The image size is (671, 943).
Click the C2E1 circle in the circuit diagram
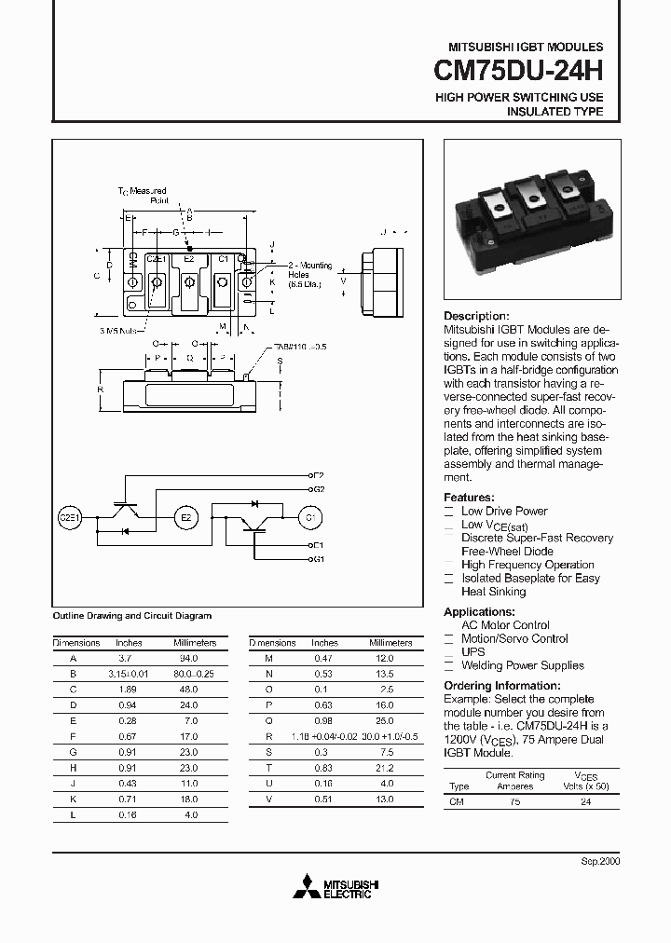(71, 516)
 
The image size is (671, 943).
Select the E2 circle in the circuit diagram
(185, 516)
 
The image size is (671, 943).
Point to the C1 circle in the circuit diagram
(309, 516)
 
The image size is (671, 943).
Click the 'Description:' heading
(476, 316)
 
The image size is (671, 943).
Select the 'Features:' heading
(469, 498)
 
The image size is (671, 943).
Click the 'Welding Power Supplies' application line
(523, 665)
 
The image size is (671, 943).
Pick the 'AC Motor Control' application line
(505, 625)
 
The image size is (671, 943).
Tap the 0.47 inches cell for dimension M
(324, 657)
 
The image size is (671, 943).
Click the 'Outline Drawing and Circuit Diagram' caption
(131, 616)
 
